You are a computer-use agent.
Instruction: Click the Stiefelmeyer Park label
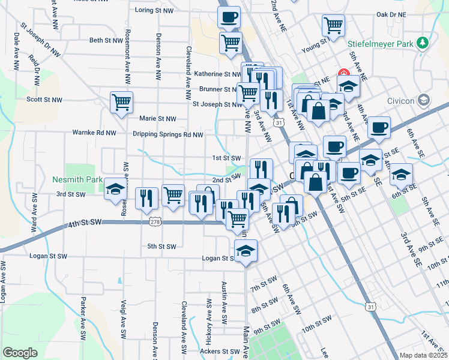[381, 44]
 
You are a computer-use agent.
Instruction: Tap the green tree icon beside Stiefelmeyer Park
[423, 42]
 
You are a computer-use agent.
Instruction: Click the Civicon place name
[401, 101]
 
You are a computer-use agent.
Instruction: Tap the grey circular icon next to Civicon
[424, 100]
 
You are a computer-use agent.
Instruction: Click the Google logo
[20, 353]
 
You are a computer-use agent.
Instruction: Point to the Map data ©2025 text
[423, 355]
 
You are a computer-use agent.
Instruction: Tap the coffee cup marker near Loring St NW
[229, 17]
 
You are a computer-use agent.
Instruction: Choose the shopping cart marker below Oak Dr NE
[333, 25]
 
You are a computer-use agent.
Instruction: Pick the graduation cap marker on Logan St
[245, 251]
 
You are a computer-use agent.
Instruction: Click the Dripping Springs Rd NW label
[168, 135]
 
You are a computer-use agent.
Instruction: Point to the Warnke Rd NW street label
[94, 132]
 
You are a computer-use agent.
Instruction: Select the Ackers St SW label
[218, 351]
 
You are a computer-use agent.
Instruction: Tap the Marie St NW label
[158, 119]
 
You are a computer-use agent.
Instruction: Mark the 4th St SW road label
[85, 223]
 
